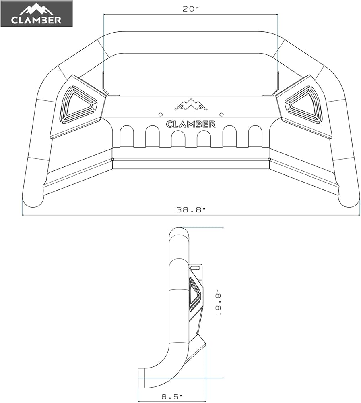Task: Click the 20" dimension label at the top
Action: (x=191, y=9)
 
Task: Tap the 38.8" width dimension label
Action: (x=191, y=210)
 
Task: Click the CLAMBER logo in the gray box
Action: (x=36, y=14)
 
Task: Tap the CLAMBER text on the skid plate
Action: (x=191, y=124)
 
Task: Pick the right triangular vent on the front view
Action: (x=304, y=104)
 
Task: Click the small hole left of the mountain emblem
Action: (x=161, y=114)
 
